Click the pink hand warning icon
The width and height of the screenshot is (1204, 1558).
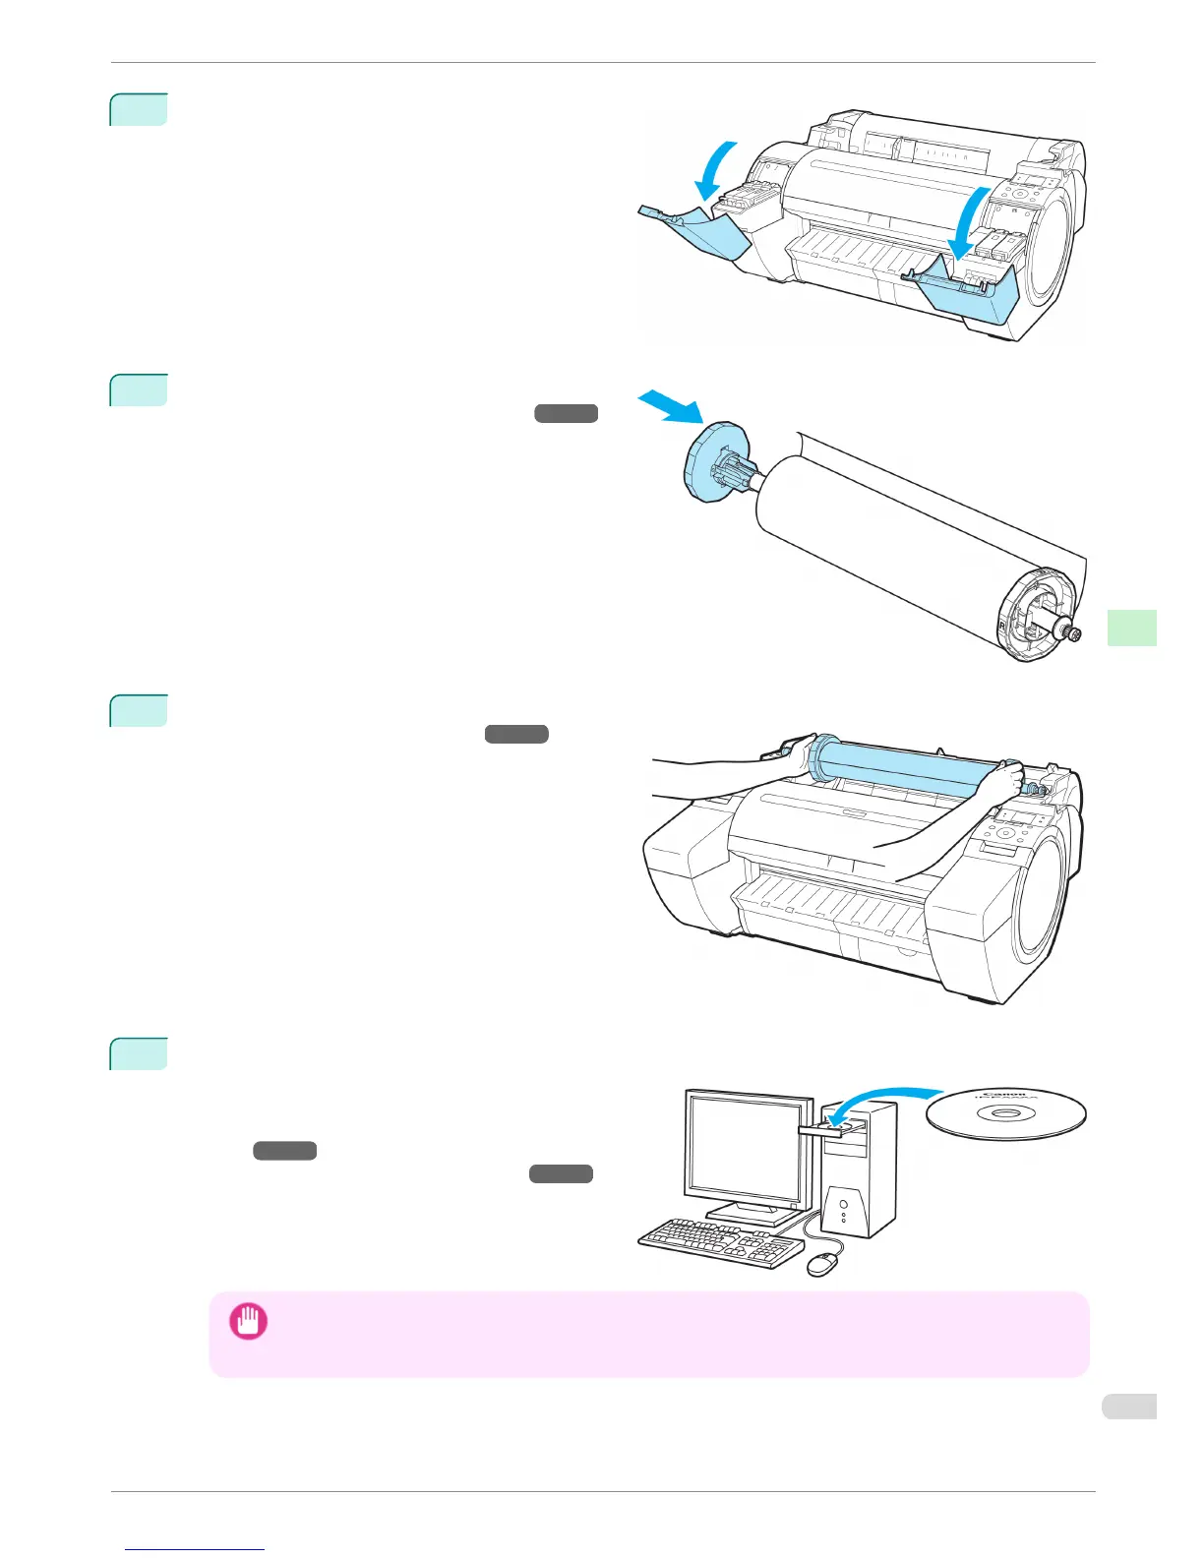click(x=248, y=1321)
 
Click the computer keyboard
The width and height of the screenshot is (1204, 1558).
click(x=721, y=1244)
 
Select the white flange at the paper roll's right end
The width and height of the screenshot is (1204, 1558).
click(x=1032, y=615)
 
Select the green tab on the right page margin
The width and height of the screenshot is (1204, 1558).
click(x=1131, y=628)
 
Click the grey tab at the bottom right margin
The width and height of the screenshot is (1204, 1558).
click(x=1128, y=1407)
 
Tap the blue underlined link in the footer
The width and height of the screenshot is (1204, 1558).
click(x=195, y=1550)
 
